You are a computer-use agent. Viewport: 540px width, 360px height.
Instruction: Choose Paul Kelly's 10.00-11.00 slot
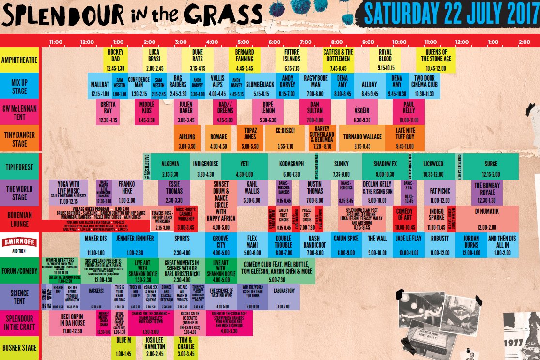tap(409, 112)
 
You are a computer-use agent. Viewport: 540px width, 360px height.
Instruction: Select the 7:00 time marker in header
tap(306, 41)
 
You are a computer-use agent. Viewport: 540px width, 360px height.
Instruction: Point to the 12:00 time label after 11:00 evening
tap(462, 41)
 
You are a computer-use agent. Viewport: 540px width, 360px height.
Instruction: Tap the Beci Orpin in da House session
tap(73, 323)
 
